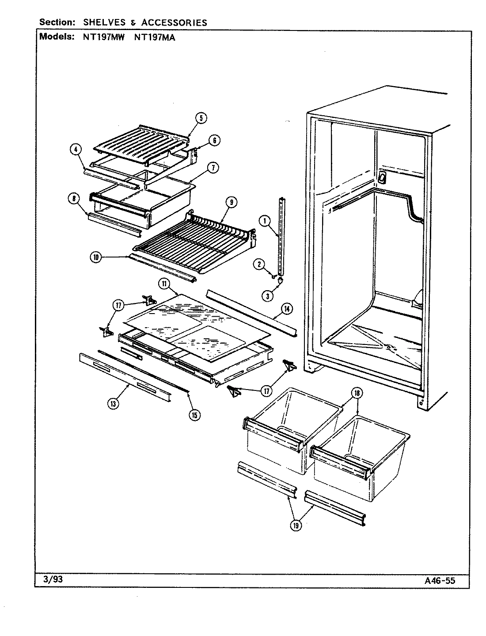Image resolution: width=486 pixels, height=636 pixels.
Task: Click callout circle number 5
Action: [x=201, y=118]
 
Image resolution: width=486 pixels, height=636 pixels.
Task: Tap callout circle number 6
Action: [x=214, y=140]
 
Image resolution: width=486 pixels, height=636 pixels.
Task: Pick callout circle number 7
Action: [x=213, y=168]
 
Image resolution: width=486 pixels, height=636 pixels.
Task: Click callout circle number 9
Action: [x=231, y=202]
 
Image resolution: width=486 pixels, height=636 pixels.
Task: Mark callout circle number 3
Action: [x=267, y=296]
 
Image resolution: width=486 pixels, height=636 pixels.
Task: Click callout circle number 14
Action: [x=286, y=309]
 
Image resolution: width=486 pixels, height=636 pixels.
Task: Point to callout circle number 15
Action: [x=194, y=414]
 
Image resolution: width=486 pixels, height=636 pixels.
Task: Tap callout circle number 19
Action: [x=296, y=525]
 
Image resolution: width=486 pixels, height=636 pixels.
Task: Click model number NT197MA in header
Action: [x=154, y=37]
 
